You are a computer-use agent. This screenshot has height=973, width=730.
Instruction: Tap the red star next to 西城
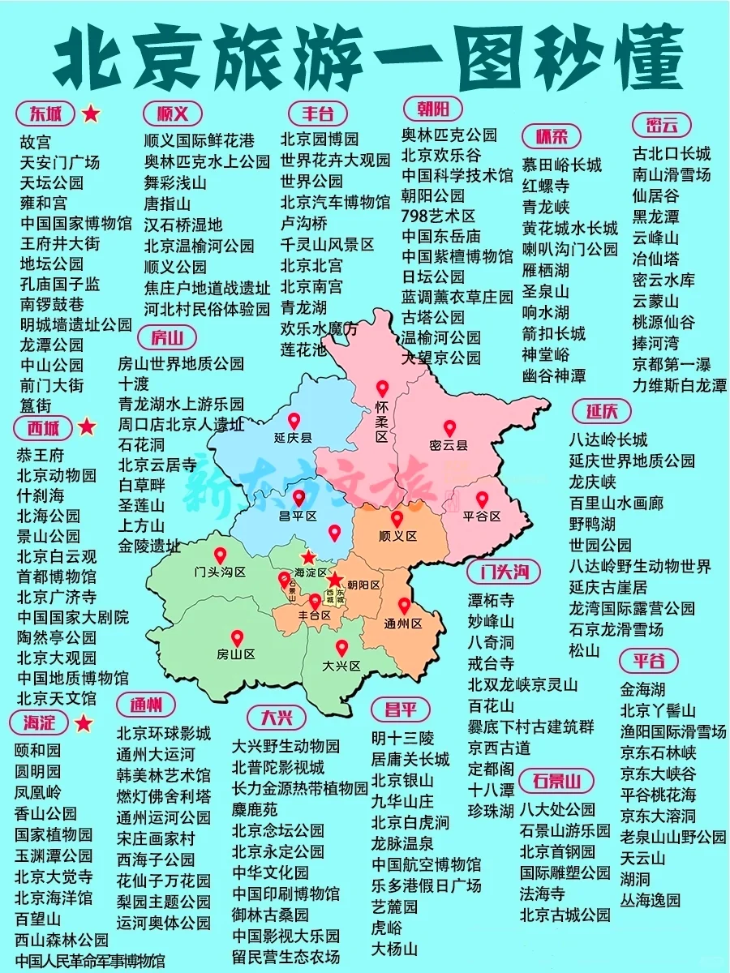tap(87, 426)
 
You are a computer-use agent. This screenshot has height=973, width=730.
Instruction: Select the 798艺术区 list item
tap(439, 216)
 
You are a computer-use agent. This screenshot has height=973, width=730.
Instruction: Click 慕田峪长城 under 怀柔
tap(562, 165)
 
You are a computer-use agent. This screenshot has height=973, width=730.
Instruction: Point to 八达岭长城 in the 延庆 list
tap(608, 440)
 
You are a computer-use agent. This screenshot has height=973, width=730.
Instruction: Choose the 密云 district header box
tap(662, 125)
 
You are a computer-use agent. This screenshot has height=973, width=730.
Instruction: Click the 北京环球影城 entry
tap(164, 733)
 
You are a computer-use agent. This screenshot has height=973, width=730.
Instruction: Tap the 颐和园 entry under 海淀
tap(38, 750)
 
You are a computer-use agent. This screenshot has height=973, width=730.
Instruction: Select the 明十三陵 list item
tap(402, 738)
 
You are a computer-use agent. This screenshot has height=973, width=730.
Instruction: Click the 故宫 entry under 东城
tap(36, 142)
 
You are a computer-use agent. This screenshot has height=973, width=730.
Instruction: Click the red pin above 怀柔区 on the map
tap(382, 390)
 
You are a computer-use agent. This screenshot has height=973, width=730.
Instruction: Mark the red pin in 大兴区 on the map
tap(341, 648)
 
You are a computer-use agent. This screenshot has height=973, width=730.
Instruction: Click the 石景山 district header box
tap(556, 782)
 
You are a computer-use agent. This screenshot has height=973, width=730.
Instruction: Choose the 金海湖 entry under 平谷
tap(642, 690)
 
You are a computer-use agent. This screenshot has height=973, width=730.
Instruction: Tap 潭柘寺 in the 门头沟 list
tap(491, 601)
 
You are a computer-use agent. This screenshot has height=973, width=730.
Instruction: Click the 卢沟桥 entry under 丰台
tap(304, 223)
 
